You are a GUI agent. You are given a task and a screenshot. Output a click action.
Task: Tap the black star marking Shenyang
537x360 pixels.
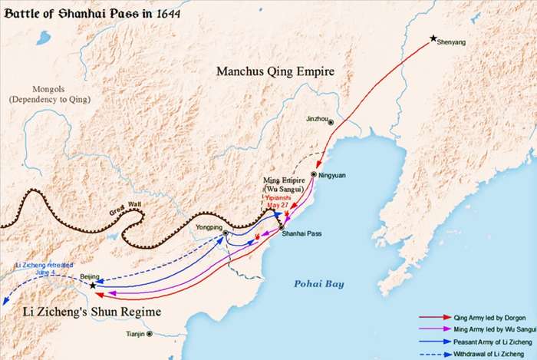tap(433, 38)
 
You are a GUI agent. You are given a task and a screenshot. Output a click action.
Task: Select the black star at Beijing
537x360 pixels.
tap(93, 286)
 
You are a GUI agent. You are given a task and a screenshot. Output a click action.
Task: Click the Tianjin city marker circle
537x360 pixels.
tap(150, 334)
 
